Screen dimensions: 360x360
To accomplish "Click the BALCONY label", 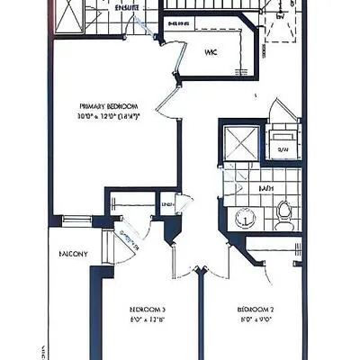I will coord(73,255).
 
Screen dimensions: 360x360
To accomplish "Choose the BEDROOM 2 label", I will coord(256,309).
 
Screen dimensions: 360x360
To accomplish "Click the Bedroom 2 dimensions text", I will coord(256,319).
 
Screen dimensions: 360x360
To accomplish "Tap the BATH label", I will coord(266,189).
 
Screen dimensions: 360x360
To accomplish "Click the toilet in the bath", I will coord(284,211).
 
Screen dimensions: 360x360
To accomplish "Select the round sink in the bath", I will coord(242,217).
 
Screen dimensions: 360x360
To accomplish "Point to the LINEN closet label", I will coord(166,205).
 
